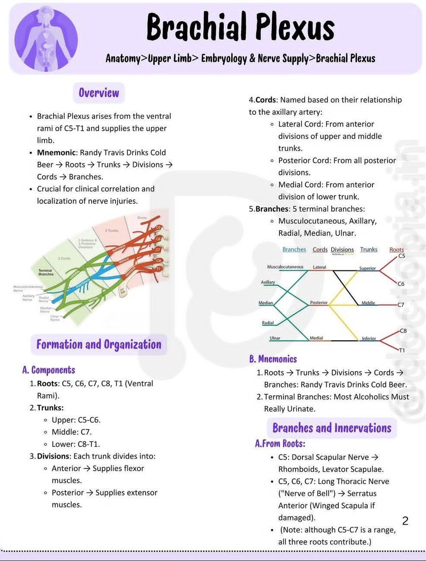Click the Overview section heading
pos(99,93)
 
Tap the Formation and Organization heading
pos(99,345)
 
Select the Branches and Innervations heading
pos(332,428)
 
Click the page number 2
pos(405,521)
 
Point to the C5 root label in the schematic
pos(401,256)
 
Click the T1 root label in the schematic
pos(402,350)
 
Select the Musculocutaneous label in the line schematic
pos(285,267)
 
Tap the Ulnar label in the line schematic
pos(275,338)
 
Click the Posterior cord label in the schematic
pos(319,303)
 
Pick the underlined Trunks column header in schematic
pos(369,250)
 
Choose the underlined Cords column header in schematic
pos(320,250)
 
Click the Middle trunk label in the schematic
pos(368,303)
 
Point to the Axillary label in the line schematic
pos(268,282)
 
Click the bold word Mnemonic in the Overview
pos(56,153)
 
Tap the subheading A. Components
pos(49,370)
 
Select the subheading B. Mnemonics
pos(273,359)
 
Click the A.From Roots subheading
pos(280,444)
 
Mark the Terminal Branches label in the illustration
pos(46,272)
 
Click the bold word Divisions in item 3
pos(53,456)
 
